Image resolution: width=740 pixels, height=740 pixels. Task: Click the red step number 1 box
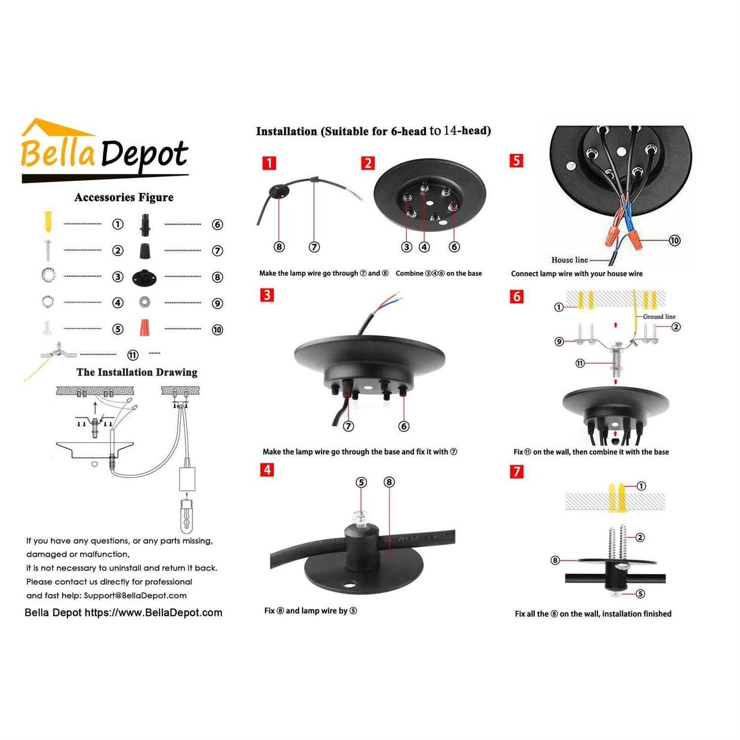(x=269, y=163)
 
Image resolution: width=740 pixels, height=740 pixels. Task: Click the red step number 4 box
(x=267, y=469)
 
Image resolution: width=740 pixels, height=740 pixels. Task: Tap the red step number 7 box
(x=517, y=471)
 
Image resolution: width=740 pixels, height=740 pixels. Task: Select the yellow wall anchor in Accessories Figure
(x=48, y=222)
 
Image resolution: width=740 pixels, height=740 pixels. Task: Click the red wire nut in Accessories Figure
(x=144, y=327)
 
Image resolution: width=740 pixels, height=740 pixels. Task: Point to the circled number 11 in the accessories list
(x=133, y=355)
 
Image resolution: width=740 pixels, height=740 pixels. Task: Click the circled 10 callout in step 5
(x=674, y=240)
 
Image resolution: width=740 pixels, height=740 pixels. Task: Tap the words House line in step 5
(x=569, y=260)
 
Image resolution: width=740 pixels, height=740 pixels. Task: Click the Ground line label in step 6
(x=659, y=317)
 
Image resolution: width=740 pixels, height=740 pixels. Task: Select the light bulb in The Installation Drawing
(x=186, y=516)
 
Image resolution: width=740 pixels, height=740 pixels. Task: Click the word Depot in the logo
(x=144, y=154)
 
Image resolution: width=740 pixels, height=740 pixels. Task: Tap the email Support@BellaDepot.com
(x=135, y=595)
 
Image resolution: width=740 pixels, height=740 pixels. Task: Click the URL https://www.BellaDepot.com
(x=153, y=613)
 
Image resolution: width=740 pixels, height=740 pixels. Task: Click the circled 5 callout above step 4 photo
(x=361, y=482)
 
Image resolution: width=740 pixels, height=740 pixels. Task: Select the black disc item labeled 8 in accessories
(x=144, y=277)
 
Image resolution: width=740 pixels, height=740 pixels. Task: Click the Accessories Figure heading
(x=124, y=197)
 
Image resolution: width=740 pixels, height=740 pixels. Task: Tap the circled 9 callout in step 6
(x=559, y=341)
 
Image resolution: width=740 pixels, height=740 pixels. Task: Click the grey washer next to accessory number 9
(x=144, y=301)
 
